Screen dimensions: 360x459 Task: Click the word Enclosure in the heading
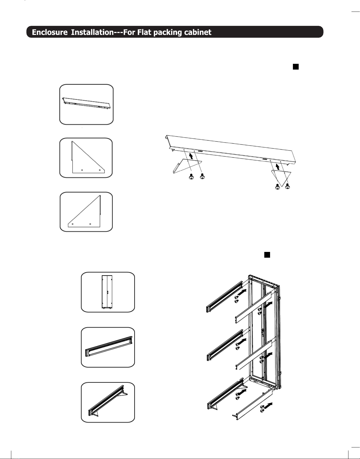pos(50,32)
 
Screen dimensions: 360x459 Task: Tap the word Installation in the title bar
pos(92,32)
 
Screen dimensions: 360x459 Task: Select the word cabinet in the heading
pos(198,32)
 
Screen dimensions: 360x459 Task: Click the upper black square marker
pos(296,67)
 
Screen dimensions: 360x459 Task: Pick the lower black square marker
pos(267,255)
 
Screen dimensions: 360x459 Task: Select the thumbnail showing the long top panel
pos(86,104)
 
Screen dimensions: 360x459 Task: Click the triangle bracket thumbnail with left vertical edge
pos(86,158)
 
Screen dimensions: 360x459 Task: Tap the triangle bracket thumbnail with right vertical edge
pos(86,212)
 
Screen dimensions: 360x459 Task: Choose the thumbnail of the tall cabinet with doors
pos(108,292)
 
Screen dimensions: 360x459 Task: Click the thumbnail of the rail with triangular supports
pos(108,402)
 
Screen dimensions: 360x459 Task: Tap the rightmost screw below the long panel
pos(287,186)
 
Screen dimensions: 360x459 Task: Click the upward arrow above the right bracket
pos(278,166)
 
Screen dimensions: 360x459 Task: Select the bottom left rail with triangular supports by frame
pos(225,394)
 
